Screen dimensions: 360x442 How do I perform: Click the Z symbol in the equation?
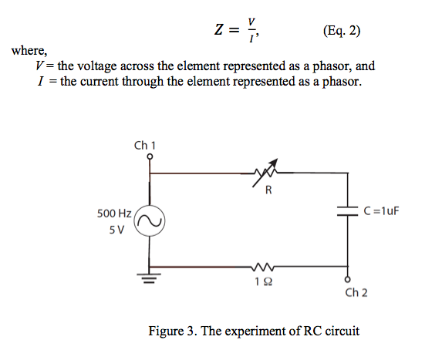pos(219,32)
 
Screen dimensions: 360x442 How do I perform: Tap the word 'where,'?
pos(28,52)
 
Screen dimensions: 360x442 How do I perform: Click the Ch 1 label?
pos(144,144)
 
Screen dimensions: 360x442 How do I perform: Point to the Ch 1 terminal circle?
pos(150,156)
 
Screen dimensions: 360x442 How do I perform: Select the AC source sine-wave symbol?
pos(150,222)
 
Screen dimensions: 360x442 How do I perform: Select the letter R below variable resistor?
pos(268,190)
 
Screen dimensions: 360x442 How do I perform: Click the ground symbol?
pos(150,278)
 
